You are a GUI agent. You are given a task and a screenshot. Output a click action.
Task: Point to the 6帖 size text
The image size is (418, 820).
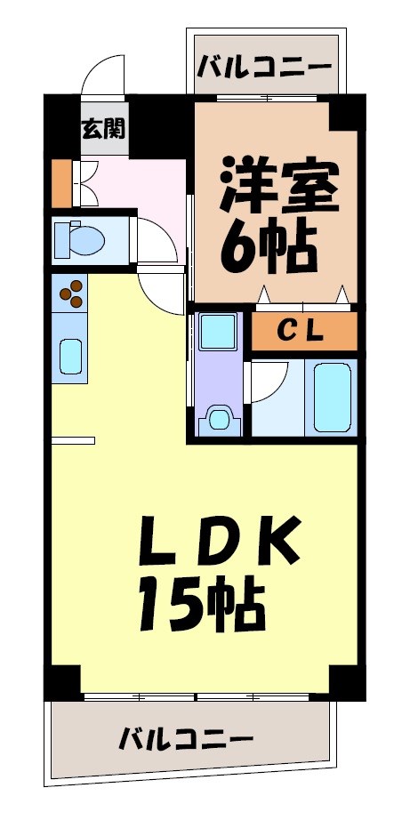(x=268, y=250)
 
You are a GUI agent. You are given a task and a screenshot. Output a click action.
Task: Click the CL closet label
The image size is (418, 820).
(x=303, y=332)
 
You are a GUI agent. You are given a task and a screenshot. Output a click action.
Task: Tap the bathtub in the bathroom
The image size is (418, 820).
(x=333, y=397)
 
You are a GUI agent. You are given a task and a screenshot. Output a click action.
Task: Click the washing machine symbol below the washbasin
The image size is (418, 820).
(x=217, y=417)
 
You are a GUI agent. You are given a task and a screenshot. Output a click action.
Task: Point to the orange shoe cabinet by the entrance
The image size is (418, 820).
(x=60, y=181)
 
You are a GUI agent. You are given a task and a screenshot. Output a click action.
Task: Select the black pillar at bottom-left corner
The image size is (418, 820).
(x=63, y=680)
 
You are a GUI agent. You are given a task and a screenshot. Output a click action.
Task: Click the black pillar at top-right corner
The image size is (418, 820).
(x=348, y=111)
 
